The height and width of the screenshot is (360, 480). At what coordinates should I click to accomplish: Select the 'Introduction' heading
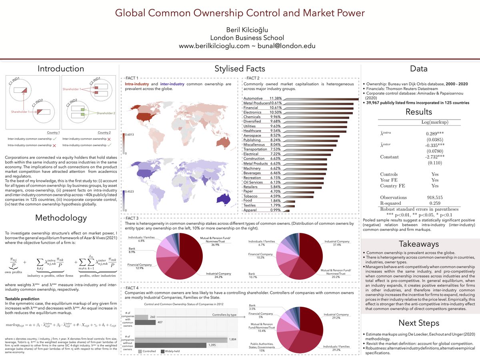[61, 68]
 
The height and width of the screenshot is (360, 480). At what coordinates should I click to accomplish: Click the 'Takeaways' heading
[419, 244]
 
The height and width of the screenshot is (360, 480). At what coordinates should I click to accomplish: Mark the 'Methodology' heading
[61, 218]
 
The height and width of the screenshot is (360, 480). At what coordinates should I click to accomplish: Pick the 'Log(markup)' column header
[435, 122]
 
